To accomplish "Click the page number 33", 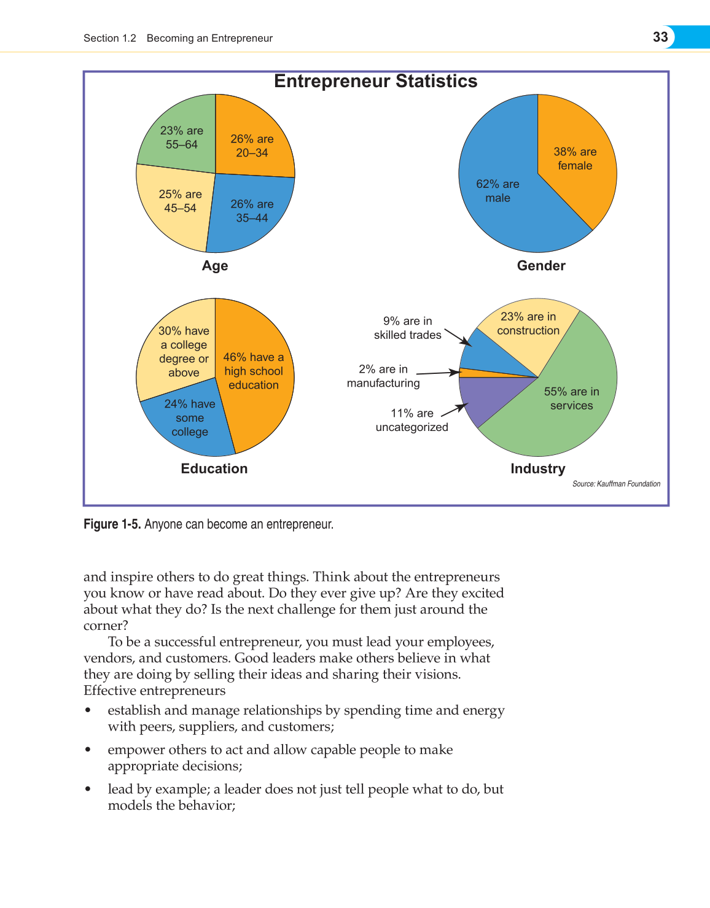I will pyautogui.click(x=660, y=37).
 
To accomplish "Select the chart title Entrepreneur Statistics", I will pyautogui.click(x=375, y=81).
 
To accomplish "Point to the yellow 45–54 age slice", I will pyautogui.click(x=177, y=203).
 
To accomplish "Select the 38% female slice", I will pyautogui.click(x=575, y=158).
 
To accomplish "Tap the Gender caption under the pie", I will pyautogui.click(x=541, y=266).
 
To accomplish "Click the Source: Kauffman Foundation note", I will pyautogui.click(x=616, y=484).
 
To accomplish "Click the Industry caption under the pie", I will pyautogui.click(x=538, y=469).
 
